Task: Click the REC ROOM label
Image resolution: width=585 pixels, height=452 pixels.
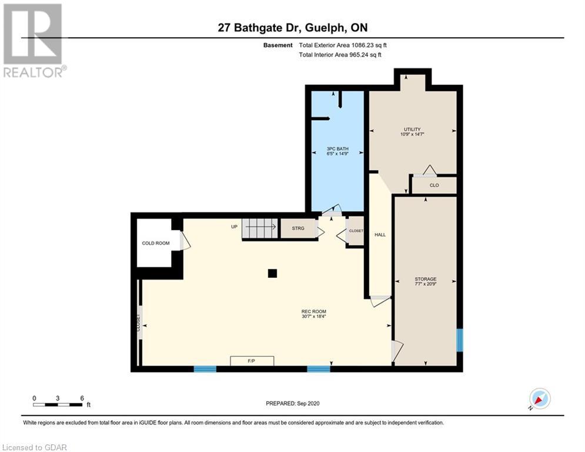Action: click(x=314, y=311)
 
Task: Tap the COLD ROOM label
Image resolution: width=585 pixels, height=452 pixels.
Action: click(x=156, y=243)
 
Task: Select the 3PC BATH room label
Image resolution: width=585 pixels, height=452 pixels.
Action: click(x=337, y=149)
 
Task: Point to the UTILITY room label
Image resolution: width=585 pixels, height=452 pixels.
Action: click(x=412, y=129)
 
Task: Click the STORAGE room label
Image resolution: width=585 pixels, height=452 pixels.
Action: click(x=425, y=279)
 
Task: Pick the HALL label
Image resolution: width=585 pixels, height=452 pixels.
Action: click(x=380, y=235)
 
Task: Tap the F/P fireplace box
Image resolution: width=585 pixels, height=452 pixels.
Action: click(x=252, y=361)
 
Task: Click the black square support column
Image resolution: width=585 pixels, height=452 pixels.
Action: click(x=272, y=274)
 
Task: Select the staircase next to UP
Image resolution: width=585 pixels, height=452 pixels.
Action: click(x=260, y=228)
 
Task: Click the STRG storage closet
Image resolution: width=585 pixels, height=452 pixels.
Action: click(x=298, y=228)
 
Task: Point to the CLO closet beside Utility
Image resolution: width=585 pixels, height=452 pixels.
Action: click(x=434, y=185)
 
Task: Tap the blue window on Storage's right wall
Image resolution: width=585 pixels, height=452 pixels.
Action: click(x=460, y=340)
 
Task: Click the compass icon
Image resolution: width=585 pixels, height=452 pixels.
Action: click(x=540, y=398)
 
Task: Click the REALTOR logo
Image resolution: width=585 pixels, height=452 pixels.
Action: click(x=33, y=41)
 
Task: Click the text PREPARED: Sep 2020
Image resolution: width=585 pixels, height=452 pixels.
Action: click(x=293, y=403)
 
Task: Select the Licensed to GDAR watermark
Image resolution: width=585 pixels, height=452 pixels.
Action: click(x=34, y=447)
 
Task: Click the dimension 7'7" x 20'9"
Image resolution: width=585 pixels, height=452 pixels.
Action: click(x=425, y=284)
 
